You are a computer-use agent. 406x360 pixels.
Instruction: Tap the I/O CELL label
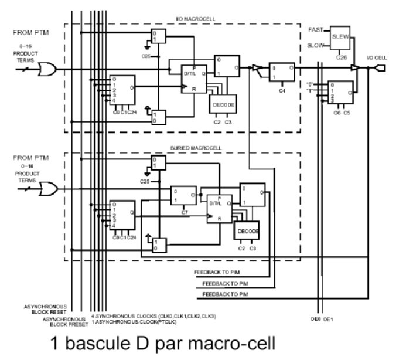pos(377,56)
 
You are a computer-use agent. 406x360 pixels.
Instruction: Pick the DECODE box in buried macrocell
pos(247,232)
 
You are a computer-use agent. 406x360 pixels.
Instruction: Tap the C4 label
pos(282,90)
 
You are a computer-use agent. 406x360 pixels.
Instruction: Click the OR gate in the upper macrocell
pos(47,70)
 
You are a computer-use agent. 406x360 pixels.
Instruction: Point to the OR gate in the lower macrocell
pos(47,189)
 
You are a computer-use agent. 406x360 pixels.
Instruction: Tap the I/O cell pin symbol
pos(381,69)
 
